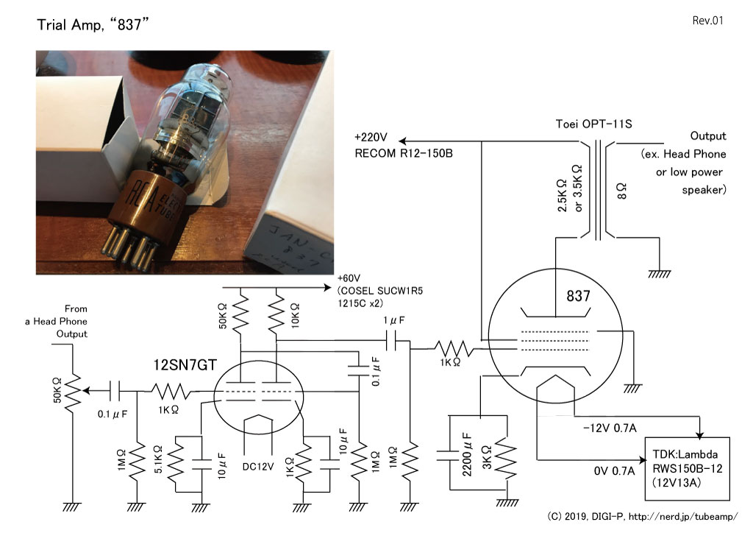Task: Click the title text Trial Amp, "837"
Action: (93, 24)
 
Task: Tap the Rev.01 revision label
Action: (707, 20)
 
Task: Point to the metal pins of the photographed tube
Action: (130, 246)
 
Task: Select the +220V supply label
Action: (371, 138)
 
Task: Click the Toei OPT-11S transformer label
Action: (593, 124)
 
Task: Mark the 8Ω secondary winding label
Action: (622, 191)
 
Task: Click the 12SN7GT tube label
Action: (185, 365)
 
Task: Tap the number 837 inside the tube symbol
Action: (578, 296)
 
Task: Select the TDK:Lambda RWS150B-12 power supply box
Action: (687, 469)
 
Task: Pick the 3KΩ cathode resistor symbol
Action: (507, 459)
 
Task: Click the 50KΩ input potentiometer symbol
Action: (73, 392)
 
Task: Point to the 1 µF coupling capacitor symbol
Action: (393, 342)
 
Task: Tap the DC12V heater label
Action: (258, 466)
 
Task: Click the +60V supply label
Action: (349, 278)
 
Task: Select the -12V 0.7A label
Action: (610, 427)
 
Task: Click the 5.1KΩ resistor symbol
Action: (176, 464)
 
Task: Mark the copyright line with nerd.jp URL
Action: (643, 517)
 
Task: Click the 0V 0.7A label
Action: (614, 470)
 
